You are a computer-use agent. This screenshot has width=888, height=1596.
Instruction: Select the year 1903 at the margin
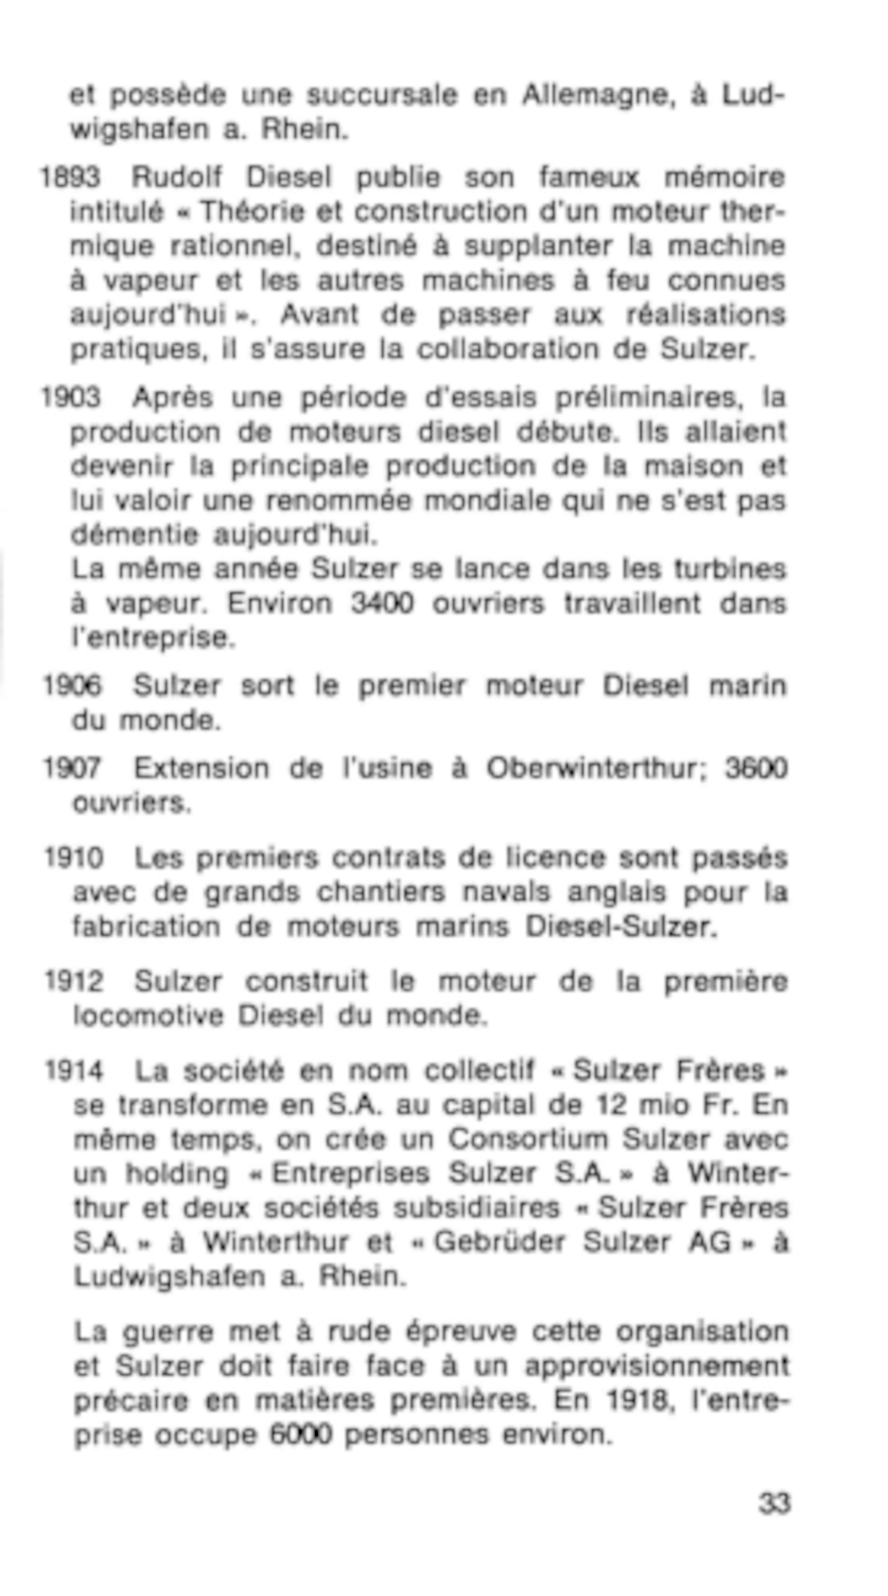point(70,397)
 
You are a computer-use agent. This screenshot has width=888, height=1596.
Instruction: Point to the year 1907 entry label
point(72,768)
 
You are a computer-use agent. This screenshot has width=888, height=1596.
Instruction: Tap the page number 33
point(774,1503)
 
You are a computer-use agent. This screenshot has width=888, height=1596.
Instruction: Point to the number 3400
point(381,604)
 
